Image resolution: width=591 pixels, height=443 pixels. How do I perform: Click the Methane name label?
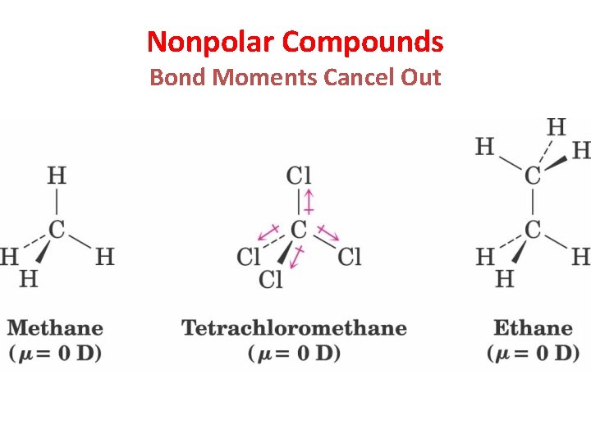click(x=55, y=328)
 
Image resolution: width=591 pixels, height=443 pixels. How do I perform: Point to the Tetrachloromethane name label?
click(x=294, y=328)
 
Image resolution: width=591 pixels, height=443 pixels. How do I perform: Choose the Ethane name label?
click(x=533, y=328)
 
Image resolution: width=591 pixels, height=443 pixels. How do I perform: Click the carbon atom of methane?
click(x=56, y=230)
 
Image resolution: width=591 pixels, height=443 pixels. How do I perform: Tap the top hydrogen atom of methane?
click(x=56, y=176)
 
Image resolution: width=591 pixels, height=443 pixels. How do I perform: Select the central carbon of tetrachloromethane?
click(x=299, y=230)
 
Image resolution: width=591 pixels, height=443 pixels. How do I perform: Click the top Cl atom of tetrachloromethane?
click(x=299, y=176)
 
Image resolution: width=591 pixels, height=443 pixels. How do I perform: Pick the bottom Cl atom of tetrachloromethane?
click(x=271, y=280)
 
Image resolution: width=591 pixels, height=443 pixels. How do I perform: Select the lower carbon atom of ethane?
click(x=533, y=230)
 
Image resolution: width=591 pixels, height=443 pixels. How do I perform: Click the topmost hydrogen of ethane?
click(x=556, y=127)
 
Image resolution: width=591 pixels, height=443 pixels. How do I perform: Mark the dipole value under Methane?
click(x=55, y=354)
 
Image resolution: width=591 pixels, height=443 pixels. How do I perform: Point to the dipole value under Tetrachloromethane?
click(x=294, y=354)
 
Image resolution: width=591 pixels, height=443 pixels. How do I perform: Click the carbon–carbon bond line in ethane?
click(x=533, y=203)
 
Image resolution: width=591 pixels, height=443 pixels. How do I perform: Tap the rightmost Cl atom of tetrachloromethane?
click(x=349, y=257)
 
